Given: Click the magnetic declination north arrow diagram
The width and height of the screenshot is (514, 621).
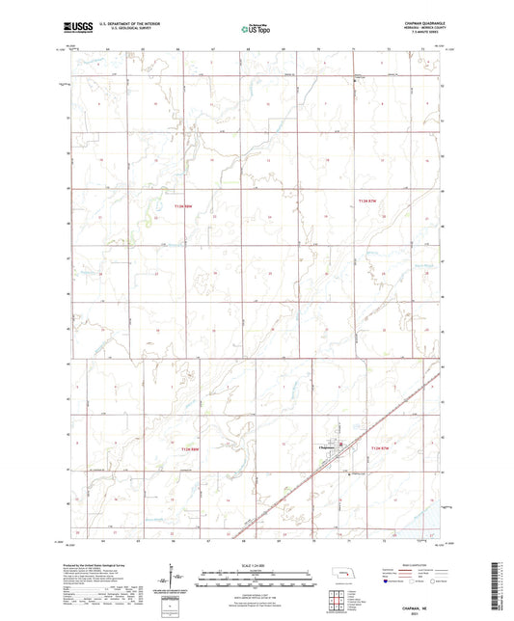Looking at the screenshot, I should pyautogui.click(x=175, y=581).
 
